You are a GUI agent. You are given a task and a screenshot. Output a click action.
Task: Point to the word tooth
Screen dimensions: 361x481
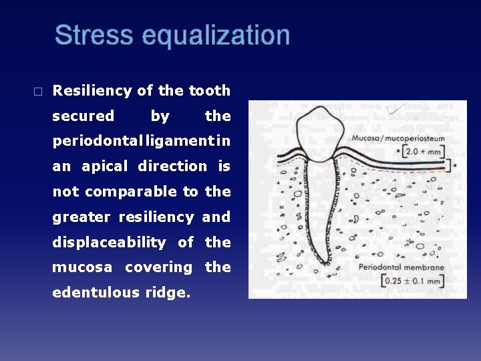pyautogui.click(x=209, y=90)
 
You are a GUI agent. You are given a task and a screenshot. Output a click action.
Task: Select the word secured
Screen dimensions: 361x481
pyautogui.click(x=83, y=116)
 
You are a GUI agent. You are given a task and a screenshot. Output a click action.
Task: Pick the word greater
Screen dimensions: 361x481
pyautogui.click(x=82, y=217)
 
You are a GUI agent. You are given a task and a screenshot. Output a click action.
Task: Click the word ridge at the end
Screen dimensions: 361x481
pyautogui.click(x=172, y=292)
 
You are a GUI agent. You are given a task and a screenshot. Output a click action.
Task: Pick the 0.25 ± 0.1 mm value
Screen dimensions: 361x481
pyautogui.click(x=412, y=281)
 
